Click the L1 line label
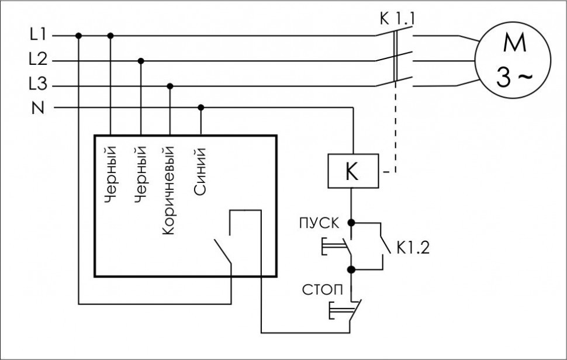pos(37,34)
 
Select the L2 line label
pos(37,59)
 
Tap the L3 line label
pos(37,85)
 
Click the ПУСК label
pos(319,223)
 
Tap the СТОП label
pos(319,289)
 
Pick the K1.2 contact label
pos(413,248)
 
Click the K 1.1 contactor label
pos(397,19)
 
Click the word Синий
pos(200,173)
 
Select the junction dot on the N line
pos(200,108)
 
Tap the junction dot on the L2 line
pos(140,60)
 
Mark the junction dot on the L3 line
pos(170,86)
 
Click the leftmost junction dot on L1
pos(79,36)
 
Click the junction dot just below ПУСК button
pos(351,270)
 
